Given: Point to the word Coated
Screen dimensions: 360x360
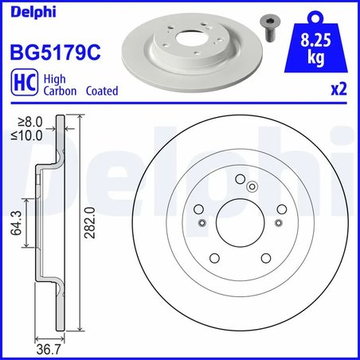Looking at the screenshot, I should [x=100, y=91].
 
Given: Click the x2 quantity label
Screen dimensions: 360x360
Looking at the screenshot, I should [x=338, y=90].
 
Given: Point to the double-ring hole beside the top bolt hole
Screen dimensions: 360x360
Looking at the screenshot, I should [x=251, y=186].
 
